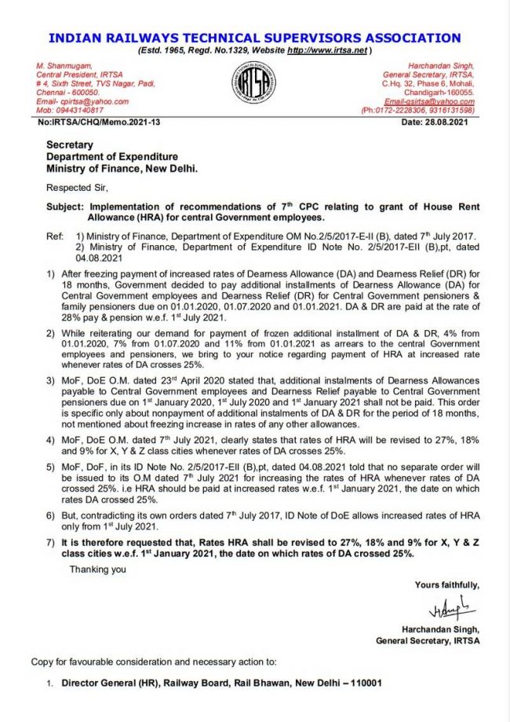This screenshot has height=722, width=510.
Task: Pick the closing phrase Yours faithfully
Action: tap(445, 585)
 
